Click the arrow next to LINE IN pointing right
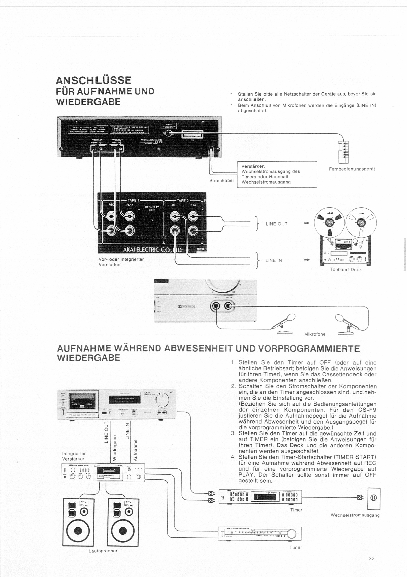tap(306, 260)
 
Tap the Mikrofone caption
tap(315, 334)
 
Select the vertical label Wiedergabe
tap(115, 448)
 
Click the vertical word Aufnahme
tap(135, 450)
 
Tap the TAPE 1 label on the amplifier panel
tap(132, 200)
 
